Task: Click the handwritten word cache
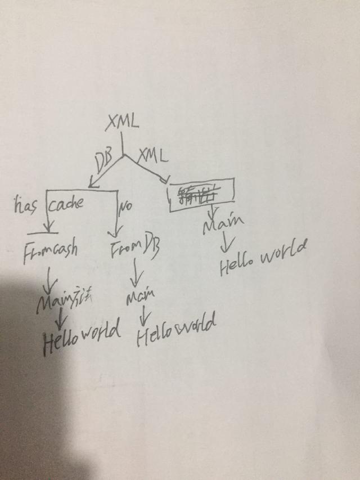click(65, 203)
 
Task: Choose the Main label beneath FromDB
click(140, 297)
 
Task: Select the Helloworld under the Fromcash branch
click(81, 333)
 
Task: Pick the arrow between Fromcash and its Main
click(50, 277)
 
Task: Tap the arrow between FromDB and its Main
click(135, 275)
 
